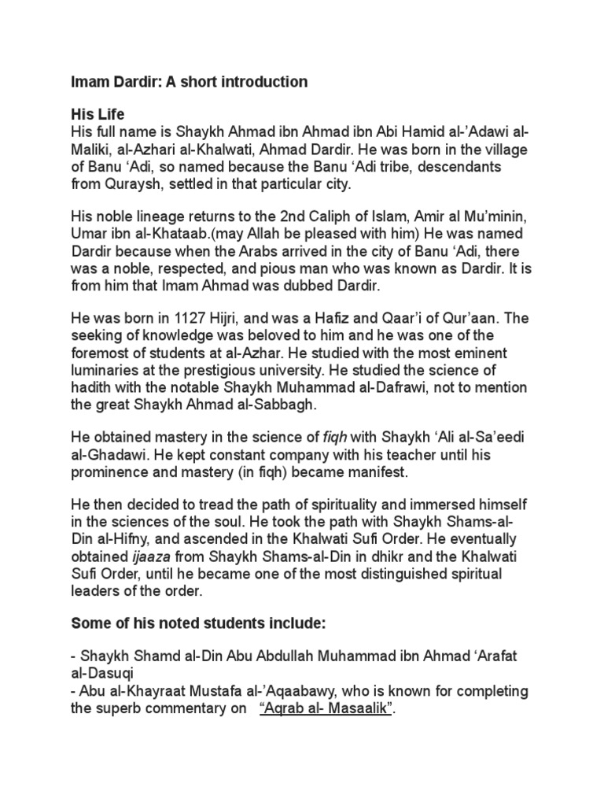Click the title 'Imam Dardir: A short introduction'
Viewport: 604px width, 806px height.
pyautogui.click(x=189, y=82)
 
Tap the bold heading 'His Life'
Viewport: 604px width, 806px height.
pyautogui.click(x=98, y=114)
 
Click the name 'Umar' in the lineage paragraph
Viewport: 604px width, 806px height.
pyautogui.click(x=89, y=234)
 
